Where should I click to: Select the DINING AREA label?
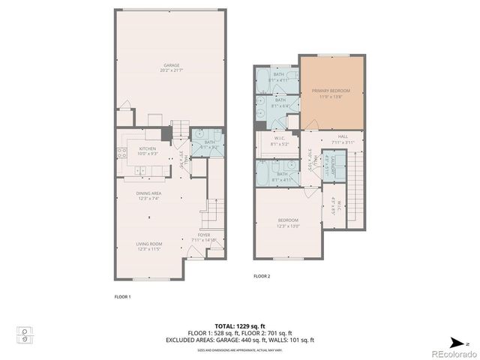(x=148, y=196)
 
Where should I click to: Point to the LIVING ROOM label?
(x=150, y=247)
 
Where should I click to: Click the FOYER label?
(x=203, y=237)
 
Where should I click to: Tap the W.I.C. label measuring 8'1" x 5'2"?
(x=278, y=140)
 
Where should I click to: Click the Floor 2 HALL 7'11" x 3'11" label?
(x=343, y=139)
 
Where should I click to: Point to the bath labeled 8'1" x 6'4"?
(x=280, y=103)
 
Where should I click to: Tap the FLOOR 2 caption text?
(x=261, y=277)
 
